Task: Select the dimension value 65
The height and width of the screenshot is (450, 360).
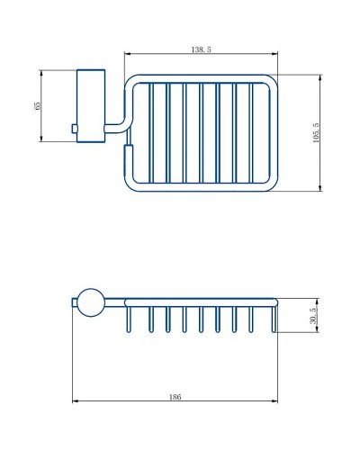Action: click(37, 105)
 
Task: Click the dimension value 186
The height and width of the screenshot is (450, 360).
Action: click(174, 397)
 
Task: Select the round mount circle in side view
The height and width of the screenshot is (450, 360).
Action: click(90, 303)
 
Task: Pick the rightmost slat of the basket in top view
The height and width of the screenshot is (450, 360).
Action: click(253, 133)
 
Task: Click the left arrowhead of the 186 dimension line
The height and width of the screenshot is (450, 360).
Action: click(76, 401)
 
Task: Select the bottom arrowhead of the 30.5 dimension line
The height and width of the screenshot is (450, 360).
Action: click(320, 328)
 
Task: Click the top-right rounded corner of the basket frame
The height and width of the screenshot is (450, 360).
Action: click(271, 82)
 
